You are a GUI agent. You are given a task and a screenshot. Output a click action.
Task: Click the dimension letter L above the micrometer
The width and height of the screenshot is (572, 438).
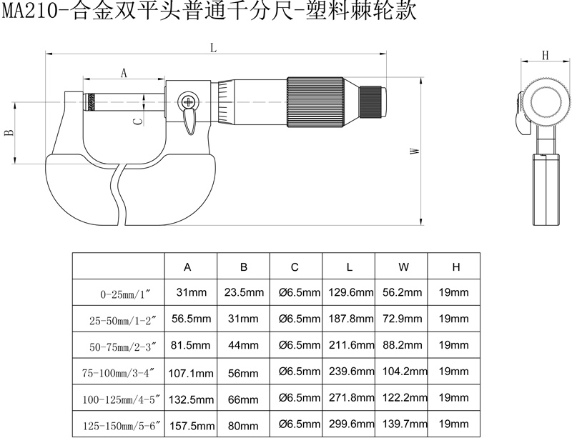tap(213, 47)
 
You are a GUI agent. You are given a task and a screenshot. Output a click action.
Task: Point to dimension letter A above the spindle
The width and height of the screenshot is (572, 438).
tap(124, 74)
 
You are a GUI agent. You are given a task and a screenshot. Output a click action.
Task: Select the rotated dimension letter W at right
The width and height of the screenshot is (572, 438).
tap(415, 151)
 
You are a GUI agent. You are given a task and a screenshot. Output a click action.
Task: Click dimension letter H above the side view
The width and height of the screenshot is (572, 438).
tap(545, 55)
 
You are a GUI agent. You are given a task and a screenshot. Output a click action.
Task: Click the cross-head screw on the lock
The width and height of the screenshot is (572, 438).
tap(188, 101)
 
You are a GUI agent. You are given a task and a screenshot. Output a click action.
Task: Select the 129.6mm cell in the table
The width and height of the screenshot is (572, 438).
tap(350, 292)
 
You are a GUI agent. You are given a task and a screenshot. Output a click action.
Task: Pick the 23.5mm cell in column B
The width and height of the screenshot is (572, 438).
tap(244, 292)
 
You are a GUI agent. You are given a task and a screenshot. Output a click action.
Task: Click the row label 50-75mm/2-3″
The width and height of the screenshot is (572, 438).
tap(122, 347)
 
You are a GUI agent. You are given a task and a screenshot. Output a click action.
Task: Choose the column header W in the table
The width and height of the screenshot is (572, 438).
tap(403, 267)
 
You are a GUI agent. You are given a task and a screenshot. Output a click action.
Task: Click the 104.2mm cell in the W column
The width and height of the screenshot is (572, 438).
tap(405, 372)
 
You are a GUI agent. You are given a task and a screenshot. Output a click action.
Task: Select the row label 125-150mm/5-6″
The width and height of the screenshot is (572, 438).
tap(122, 426)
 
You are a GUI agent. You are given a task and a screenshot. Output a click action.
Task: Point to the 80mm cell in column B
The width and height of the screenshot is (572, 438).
tap(243, 425)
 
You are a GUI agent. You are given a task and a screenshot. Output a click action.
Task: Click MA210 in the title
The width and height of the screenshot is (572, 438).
tap(30, 11)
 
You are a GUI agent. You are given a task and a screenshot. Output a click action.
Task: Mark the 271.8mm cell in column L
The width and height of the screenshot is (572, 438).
tap(351, 397)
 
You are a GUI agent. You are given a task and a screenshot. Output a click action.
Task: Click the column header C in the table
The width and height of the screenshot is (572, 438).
tap(295, 267)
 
